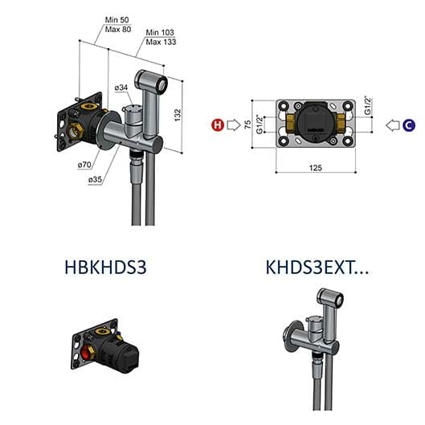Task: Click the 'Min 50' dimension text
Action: click(117, 20)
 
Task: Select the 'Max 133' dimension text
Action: click(161, 42)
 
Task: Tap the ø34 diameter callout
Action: click(121, 88)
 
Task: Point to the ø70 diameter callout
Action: click(84, 165)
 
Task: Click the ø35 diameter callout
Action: click(95, 179)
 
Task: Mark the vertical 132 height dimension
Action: click(178, 115)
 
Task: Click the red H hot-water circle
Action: click(218, 125)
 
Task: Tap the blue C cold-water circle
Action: click(409, 125)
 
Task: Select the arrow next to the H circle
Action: click(234, 125)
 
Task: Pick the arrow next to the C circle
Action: click(393, 125)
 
